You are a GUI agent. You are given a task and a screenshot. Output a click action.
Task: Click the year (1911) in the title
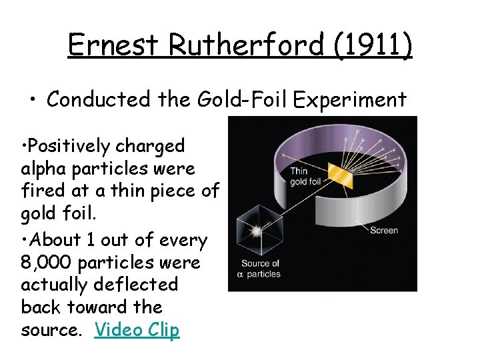coord(371,45)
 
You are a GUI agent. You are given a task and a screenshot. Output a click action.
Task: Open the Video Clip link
coord(137,330)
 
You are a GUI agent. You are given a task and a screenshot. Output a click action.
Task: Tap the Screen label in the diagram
coord(384,231)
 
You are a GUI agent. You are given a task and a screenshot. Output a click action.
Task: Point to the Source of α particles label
coord(261,269)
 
